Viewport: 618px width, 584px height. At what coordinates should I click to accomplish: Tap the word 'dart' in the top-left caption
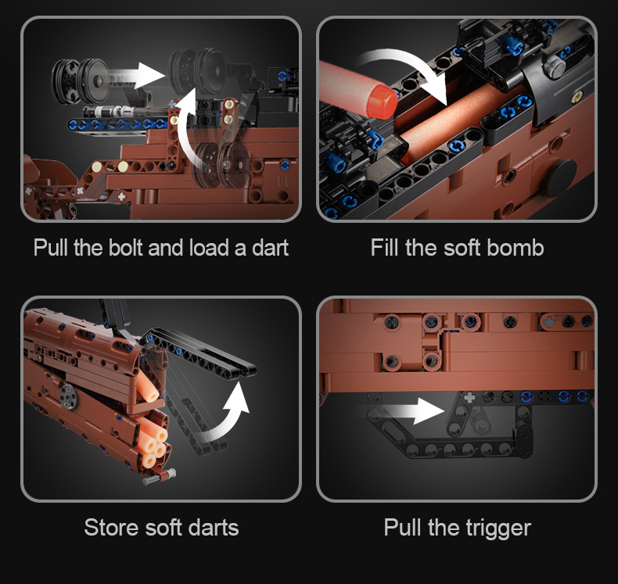(271, 248)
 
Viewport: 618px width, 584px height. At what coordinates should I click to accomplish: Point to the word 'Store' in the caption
(112, 527)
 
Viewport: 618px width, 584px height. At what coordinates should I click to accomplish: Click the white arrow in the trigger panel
(410, 410)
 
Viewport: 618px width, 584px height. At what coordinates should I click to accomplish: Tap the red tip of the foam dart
(382, 101)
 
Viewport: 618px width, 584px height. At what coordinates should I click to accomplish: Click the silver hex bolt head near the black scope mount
(553, 65)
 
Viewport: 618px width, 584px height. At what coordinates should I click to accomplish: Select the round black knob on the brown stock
(559, 178)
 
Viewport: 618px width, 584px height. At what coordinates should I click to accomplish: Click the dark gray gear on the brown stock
(69, 396)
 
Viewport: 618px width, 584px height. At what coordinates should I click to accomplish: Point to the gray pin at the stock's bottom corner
(159, 477)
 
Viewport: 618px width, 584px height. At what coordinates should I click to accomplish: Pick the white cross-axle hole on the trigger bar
(469, 397)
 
